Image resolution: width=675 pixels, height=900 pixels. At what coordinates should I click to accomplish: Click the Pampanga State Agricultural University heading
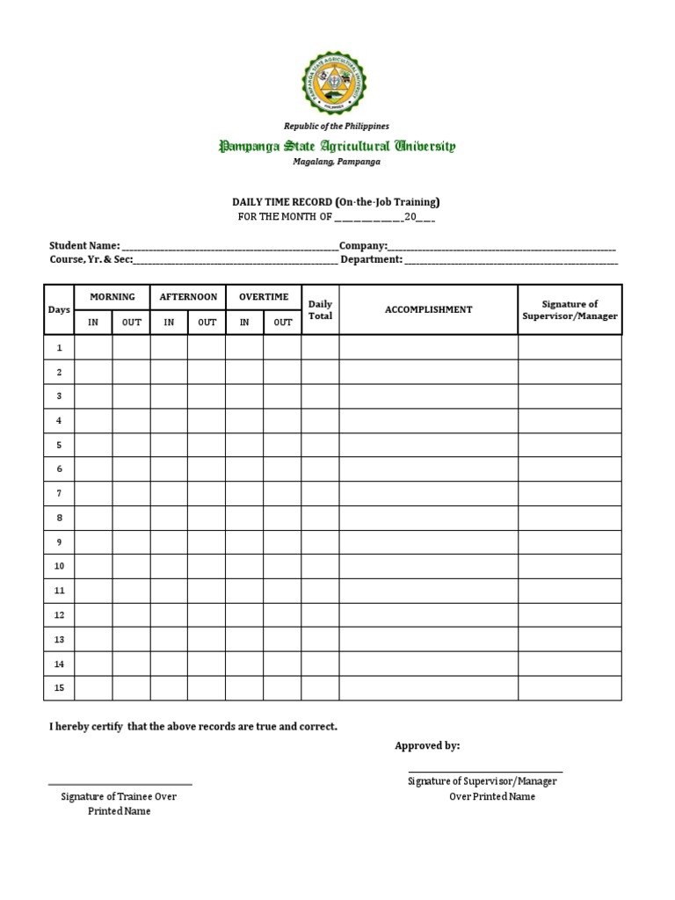tap(337, 146)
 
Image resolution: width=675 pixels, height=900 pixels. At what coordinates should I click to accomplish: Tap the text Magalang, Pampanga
tap(337, 162)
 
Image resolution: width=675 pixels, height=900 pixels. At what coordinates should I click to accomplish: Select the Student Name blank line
tap(229, 248)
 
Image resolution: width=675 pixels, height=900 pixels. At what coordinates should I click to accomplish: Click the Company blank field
tap(501, 248)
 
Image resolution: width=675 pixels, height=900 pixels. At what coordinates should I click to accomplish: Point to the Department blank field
tap(510, 260)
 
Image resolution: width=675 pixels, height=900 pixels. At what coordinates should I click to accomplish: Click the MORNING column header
tap(112, 297)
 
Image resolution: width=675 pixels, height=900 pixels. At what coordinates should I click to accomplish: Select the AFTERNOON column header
tap(187, 297)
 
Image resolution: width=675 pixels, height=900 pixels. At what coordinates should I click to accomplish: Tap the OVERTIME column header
tap(263, 297)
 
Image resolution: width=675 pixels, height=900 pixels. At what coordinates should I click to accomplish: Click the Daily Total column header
tap(320, 309)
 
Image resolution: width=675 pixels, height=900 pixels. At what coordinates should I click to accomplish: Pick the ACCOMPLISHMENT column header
tap(428, 309)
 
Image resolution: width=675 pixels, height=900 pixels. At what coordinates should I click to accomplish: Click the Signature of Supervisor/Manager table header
tap(570, 309)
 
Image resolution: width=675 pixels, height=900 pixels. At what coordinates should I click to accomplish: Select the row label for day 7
tap(59, 493)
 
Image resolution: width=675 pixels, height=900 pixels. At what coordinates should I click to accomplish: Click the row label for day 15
tap(59, 687)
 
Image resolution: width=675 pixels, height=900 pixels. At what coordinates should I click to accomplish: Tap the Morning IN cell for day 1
tap(93, 348)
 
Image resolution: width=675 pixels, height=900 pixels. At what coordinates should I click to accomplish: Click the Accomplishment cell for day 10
tap(428, 566)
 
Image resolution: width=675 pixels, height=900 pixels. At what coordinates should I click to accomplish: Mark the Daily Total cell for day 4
tap(320, 421)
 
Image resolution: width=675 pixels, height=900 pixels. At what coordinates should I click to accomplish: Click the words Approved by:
tap(427, 745)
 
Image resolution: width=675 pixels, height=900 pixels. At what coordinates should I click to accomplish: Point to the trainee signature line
tap(120, 783)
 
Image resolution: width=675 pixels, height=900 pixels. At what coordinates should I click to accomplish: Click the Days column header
tap(59, 309)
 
